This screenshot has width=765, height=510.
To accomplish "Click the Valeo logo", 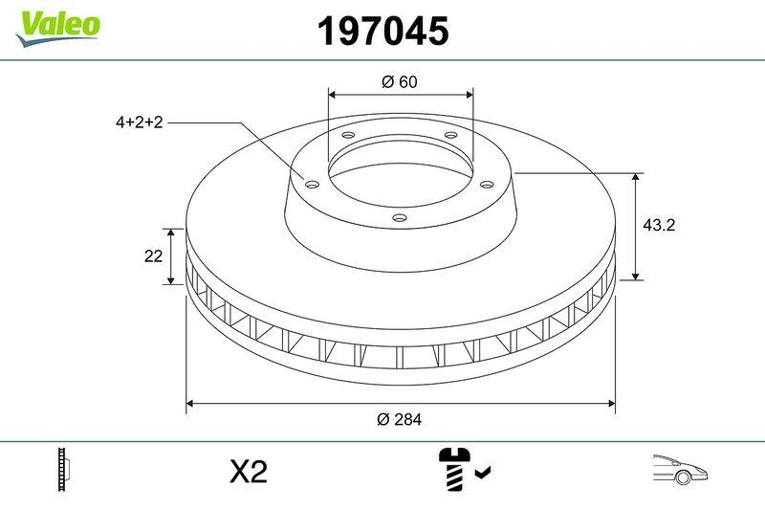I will pyautogui.click(x=57, y=26).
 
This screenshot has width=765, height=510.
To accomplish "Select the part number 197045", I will pyautogui.click(x=382, y=32).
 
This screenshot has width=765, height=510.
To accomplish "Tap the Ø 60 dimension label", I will pyautogui.click(x=400, y=82).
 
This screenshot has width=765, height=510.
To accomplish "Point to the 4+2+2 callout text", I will pyautogui.click(x=140, y=122).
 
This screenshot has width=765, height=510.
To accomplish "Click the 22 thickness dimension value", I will pyautogui.click(x=151, y=256).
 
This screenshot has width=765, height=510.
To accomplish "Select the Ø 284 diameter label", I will pyautogui.click(x=400, y=419).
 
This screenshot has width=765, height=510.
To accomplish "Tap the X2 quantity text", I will pyautogui.click(x=249, y=472).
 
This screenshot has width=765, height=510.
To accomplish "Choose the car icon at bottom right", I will pyautogui.click(x=680, y=470).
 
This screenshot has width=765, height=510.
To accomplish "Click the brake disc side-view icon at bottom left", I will pyautogui.click(x=66, y=470).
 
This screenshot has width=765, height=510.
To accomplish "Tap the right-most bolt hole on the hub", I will pyautogui.click(x=486, y=185).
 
